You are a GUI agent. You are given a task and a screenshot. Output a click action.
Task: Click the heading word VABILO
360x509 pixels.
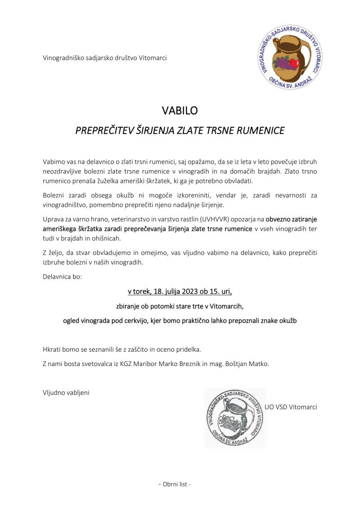point(180,111)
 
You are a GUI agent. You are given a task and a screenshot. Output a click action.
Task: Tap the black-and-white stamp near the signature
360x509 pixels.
point(235,418)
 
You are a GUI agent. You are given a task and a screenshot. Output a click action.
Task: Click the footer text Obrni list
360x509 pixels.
point(174,484)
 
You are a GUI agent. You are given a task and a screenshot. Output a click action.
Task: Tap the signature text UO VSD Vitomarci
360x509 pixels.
point(291,407)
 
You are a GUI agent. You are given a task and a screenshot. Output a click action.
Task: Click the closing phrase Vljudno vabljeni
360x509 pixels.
point(66,392)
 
